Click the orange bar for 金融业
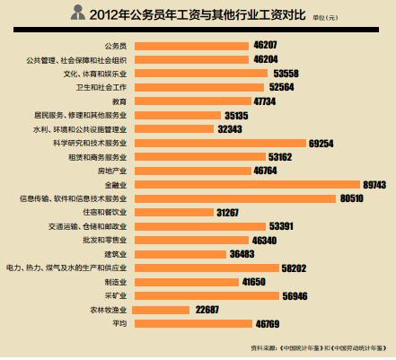click(x=247, y=185)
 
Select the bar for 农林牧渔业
click(x=161, y=310)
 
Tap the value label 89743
click(x=374, y=185)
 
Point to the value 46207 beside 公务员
click(x=265, y=45)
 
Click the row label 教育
click(x=119, y=101)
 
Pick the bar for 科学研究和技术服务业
click(x=221, y=143)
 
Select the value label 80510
click(x=352, y=198)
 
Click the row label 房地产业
click(x=112, y=171)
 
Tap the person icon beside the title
click(x=78, y=13)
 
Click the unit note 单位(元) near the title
click(x=325, y=18)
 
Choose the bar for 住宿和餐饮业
click(x=174, y=212)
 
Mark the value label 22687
click(x=207, y=310)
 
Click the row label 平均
click(x=119, y=324)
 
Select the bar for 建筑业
click(x=180, y=254)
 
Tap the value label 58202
click(x=294, y=268)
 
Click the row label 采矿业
click(x=116, y=296)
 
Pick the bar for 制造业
click(x=187, y=282)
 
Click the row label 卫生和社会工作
click(x=101, y=87)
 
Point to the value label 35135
click(x=236, y=116)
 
